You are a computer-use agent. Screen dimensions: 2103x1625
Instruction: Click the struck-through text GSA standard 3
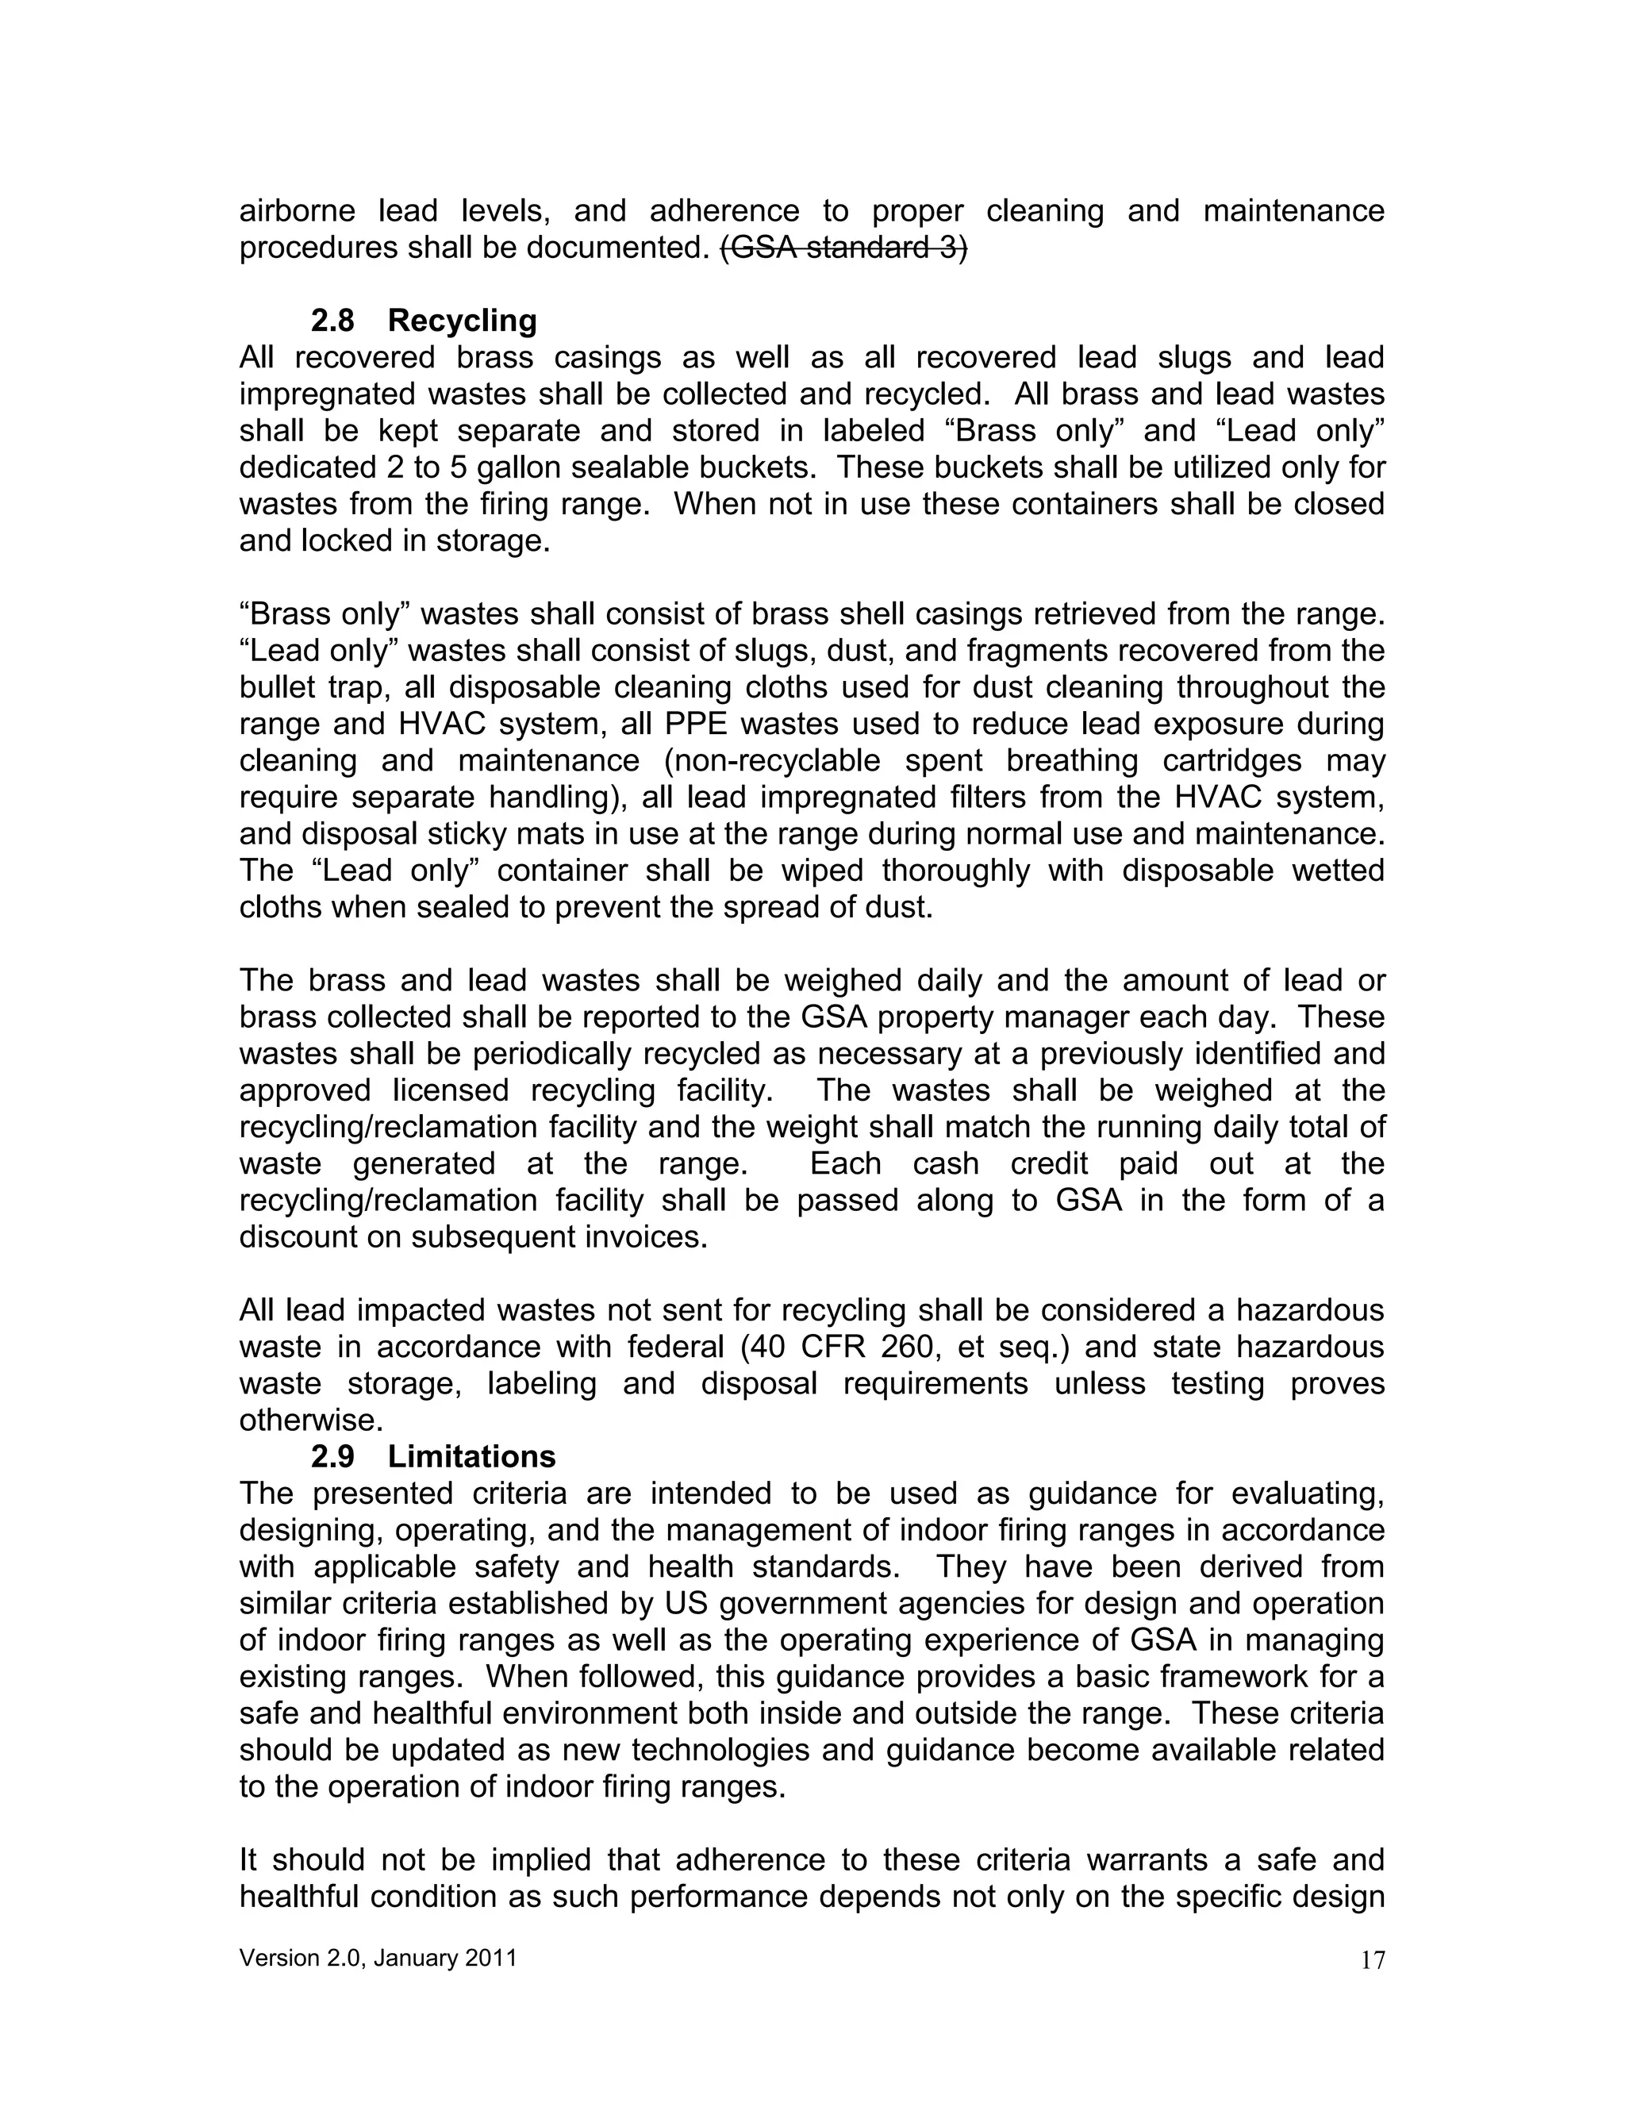(x=844, y=248)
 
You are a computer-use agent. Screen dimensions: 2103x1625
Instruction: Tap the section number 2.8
(x=332, y=320)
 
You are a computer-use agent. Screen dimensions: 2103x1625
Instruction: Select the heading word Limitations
(x=472, y=1456)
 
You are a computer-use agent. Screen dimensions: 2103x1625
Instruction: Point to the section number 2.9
(x=332, y=1456)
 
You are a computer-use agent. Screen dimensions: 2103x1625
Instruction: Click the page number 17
(x=1373, y=1959)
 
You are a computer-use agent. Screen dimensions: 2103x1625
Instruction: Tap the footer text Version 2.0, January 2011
(x=378, y=1958)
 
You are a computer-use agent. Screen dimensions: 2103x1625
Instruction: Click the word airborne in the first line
(x=298, y=211)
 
